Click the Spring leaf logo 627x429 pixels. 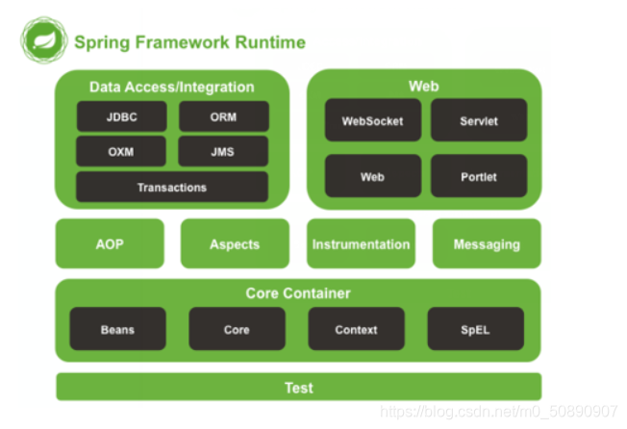pyautogui.click(x=43, y=41)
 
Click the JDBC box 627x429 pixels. pyautogui.click(x=121, y=116)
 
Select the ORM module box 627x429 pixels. pyautogui.click(x=223, y=116)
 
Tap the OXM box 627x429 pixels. pyautogui.click(x=121, y=151)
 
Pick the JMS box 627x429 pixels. pyautogui.click(x=223, y=151)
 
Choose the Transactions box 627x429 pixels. pyautogui.click(x=172, y=187)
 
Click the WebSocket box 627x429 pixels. pyautogui.click(x=372, y=121)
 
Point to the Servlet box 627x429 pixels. pyautogui.click(x=478, y=121)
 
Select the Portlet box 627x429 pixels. pyautogui.click(x=478, y=177)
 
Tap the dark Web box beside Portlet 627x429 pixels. pyautogui.click(x=372, y=177)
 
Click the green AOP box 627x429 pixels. pyautogui.click(x=110, y=244)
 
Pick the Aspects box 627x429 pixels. pyautogui.click(x=235, y=244)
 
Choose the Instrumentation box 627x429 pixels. pyautogui.click(x=361, y=244)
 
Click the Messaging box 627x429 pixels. pyautogui.click(x=487, y=244)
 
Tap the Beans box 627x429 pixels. pyautogui.click(x=117, y=329)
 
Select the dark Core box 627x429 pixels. pyautogui.click(x=237, y=329)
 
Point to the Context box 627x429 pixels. pyautogui.click(x=356, y=329)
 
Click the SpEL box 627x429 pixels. pyautogui.click(x=475, y=329)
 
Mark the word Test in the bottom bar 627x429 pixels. pyautogui.click(x=298, y=388)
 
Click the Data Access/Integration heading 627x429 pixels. pyautogui.click(x=171, y=87)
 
